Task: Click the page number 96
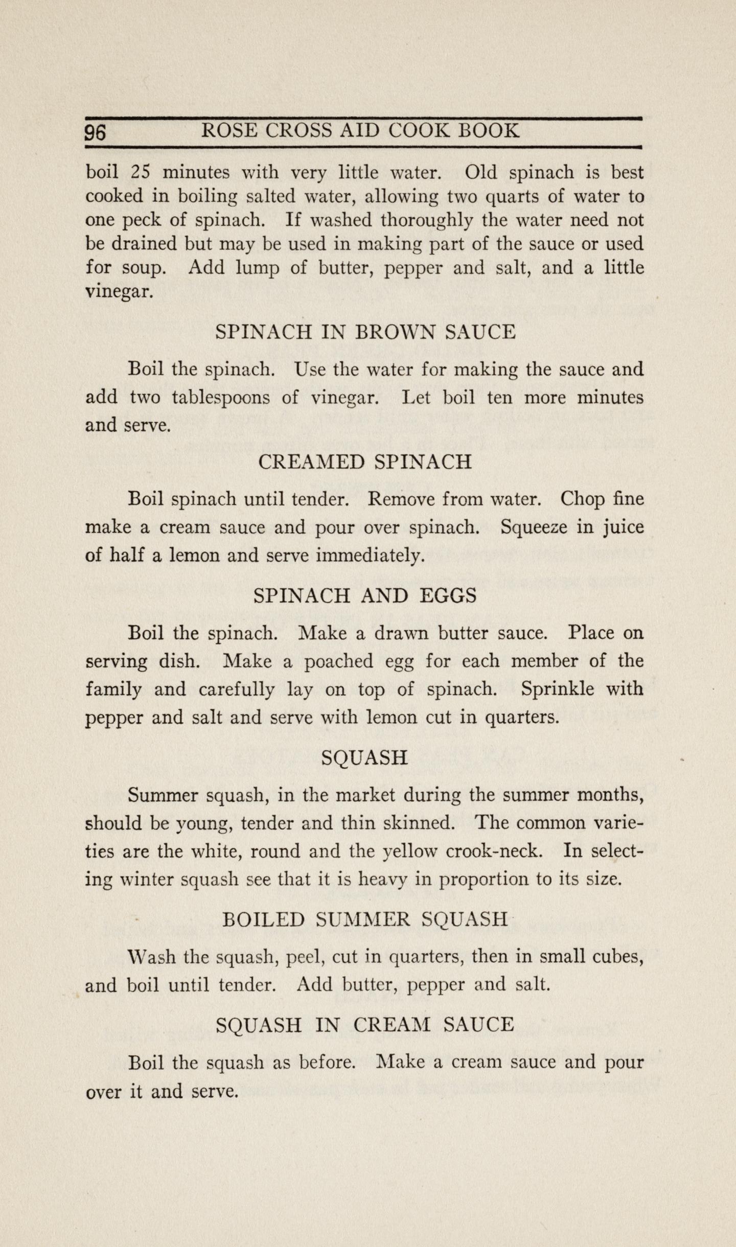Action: point(96,132)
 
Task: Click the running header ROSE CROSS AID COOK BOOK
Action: point(361,131)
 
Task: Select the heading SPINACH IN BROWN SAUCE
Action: point(365,332)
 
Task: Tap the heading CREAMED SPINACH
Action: point(365,462)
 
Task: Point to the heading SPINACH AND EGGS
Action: point(365,595)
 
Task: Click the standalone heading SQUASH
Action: point(365,757)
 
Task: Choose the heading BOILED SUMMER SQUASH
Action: point(365,919)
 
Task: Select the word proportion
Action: point(479,880)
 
